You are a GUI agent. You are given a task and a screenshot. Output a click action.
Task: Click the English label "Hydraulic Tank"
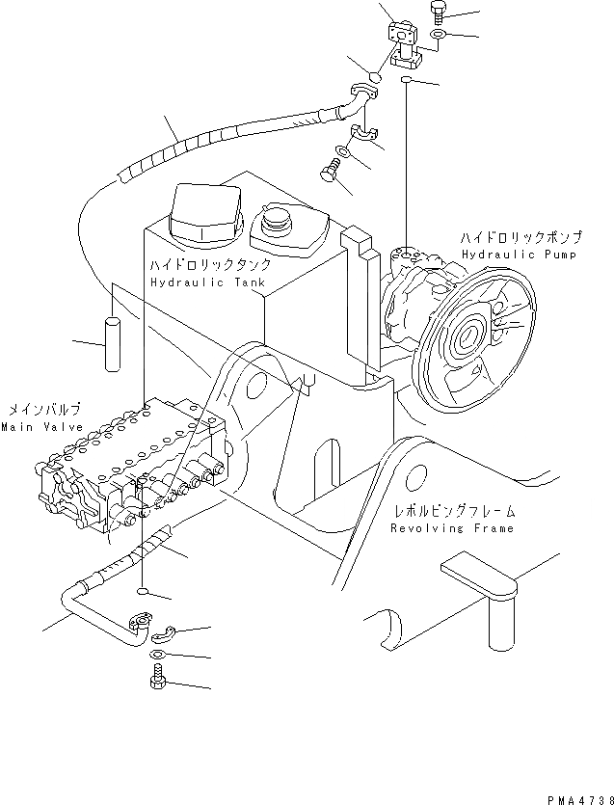tap(200, 282)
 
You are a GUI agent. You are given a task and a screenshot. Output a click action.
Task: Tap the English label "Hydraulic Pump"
tap(518, 255)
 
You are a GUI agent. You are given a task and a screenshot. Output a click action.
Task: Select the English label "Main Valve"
tap(40, 426)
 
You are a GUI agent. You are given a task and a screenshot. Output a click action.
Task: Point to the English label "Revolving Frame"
tap(453, 527)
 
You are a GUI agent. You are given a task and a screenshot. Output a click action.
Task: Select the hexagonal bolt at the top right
tap(437, 13)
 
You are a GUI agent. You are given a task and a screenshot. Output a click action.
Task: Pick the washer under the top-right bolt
tap(437, 36)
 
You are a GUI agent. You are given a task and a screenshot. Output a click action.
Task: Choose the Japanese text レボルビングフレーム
tap(453, 511)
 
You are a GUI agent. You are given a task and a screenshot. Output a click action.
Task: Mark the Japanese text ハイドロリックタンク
tap(209, 266)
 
